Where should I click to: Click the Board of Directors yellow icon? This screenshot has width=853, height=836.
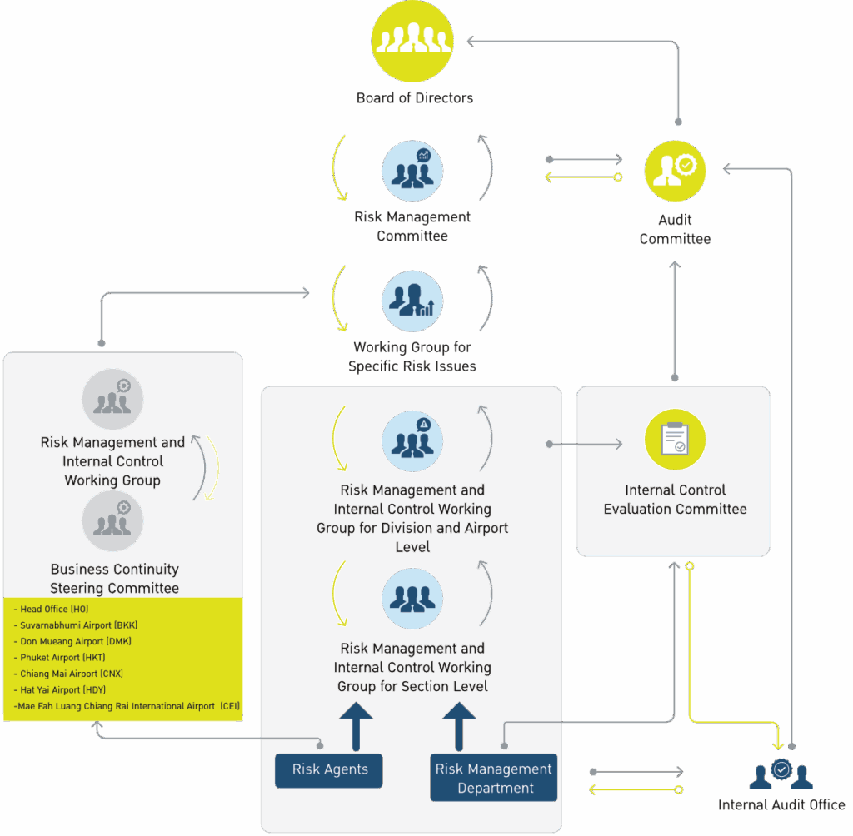[412, 41]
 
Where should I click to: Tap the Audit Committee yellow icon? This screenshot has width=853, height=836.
[675, 171]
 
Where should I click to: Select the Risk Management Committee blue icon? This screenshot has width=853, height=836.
[412, 171]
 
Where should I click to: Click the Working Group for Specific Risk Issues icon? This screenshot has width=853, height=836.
[412, 301]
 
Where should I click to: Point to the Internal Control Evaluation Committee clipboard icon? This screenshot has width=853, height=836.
[675, 440]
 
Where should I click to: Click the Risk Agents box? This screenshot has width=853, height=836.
[329, 770]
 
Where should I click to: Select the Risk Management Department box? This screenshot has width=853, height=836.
[493, 778]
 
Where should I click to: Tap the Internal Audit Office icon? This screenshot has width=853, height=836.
[781, 774]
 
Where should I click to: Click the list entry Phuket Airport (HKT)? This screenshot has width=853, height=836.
[60, 658]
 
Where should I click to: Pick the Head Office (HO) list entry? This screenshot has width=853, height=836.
[51, 610]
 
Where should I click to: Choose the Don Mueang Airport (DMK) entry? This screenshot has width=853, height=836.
[72, 642]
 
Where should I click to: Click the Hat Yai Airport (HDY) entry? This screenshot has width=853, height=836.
[60, 690]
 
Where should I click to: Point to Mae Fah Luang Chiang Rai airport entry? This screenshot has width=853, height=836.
[127, 707]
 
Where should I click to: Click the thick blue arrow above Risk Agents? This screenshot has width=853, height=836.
[356, 727]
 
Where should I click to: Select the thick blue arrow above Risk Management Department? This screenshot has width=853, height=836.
[459, 727]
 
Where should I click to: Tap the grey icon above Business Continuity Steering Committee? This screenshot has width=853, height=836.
[112, 521]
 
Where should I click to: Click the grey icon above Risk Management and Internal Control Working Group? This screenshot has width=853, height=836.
[112, 400]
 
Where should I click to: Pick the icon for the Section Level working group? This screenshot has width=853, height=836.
[412, 599]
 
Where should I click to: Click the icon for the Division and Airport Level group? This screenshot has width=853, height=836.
[412, 441]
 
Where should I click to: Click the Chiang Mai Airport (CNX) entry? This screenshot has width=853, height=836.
[68, 674]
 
